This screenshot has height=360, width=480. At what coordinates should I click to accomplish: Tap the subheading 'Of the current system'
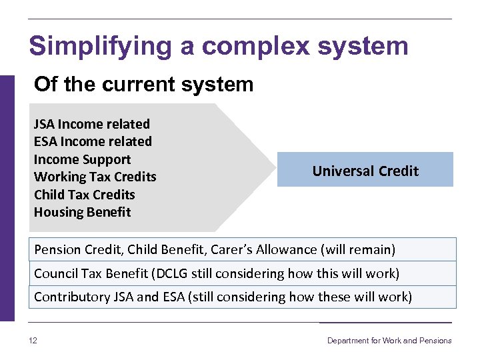[x=143, y=85]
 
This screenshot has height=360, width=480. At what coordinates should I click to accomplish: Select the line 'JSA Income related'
[x=92, y=124]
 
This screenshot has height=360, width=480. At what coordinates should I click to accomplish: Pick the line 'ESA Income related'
[x=93, y=141]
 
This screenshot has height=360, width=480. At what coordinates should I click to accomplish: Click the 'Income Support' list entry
[x=82, y=159]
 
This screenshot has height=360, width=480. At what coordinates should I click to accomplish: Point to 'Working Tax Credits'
[x=95, y=177]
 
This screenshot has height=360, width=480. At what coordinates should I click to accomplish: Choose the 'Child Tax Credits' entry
[x=84, y=195]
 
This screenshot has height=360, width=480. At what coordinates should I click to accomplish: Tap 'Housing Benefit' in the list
[x=82, y=212]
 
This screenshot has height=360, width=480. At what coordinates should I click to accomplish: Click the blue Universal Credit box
[x=365, y=170]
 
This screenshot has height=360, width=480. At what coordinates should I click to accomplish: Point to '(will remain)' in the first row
[x=358, y=250]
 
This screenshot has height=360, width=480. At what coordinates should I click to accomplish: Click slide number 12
[x=33, y=341]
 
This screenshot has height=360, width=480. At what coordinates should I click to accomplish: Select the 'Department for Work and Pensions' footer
[x=389, y=341]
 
